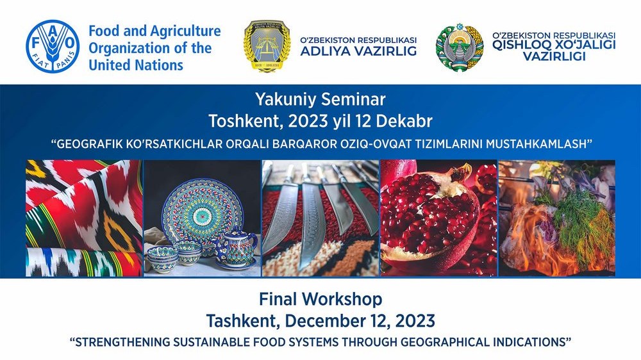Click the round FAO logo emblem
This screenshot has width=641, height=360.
pos(53,46)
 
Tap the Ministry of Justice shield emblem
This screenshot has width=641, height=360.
pos(267,46)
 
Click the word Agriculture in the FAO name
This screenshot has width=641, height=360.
pos(186,31)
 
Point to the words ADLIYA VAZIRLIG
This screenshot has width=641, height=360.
pos(358,51)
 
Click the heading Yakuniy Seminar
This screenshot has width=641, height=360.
pos(320,99)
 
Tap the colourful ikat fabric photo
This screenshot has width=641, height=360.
pos(84,218)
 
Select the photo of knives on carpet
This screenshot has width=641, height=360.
pos(320,218)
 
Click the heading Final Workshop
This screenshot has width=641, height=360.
pos(320,299)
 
